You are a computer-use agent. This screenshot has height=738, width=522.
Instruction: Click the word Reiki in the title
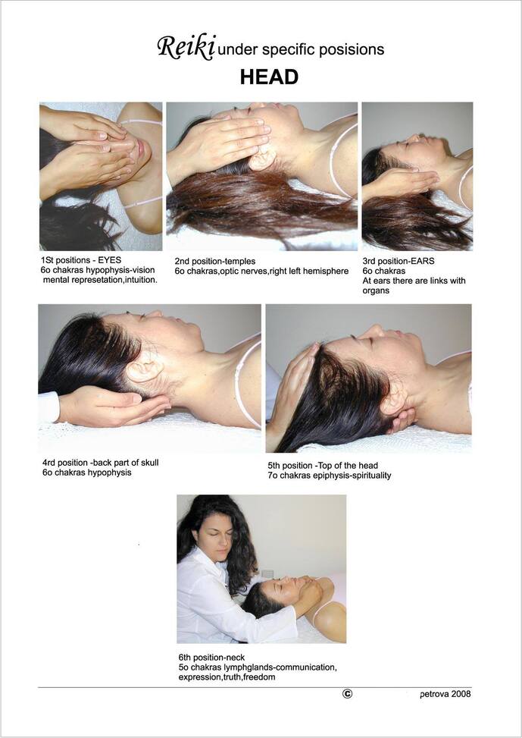point(186,48)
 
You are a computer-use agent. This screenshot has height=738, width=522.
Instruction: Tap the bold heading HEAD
point(269,77)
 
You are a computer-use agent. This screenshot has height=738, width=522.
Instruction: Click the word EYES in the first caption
point(110,260)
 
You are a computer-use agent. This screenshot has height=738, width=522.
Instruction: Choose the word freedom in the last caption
point(259,677)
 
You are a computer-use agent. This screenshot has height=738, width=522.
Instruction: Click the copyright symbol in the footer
point(348,693)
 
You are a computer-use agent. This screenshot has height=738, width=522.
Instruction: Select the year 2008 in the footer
point(461,694)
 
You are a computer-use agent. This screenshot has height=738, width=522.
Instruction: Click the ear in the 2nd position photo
point(262,157)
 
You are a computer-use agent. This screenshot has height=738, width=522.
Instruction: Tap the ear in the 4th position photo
point(145,366)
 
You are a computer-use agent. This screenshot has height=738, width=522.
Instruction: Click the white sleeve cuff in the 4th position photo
point(49,407)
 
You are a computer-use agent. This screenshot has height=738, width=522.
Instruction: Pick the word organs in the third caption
point(376,290)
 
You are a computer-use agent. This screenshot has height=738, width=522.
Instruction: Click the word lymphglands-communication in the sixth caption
point(269,668)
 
